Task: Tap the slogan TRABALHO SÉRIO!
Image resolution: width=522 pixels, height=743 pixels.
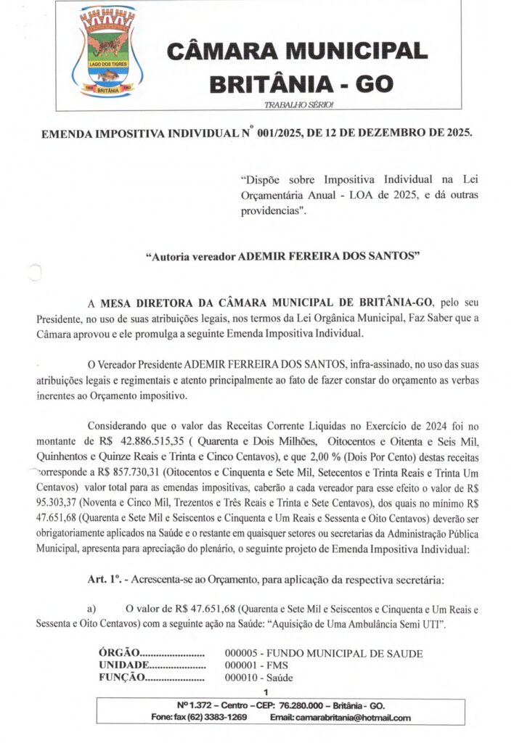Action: coord(298,105)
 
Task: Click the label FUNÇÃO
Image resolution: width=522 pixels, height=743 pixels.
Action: coord(121,678)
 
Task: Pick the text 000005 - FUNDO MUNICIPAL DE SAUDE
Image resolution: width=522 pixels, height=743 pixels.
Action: coord(323,653)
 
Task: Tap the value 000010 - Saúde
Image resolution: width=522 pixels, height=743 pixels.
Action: coord(258,678)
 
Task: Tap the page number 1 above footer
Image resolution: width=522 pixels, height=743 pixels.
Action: coord(266,692)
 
